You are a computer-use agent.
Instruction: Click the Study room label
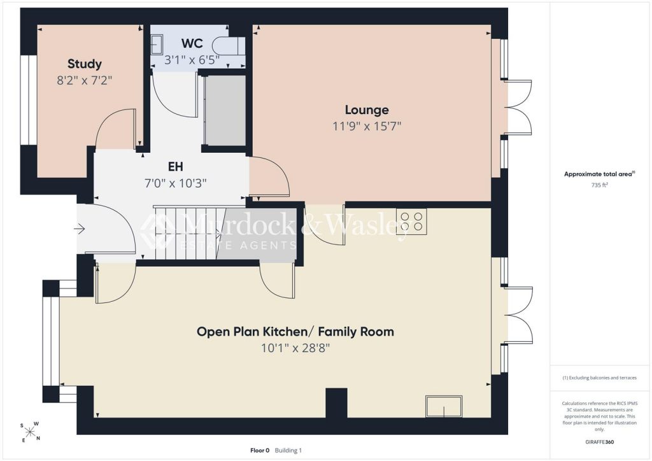pos(85,64)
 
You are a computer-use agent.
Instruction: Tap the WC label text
pos(192,43)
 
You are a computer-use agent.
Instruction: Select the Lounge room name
pos(367,110)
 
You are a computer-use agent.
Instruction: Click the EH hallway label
pos(176,167)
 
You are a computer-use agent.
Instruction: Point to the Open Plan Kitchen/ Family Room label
pos(295,332)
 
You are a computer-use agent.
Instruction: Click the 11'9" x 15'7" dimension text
pos(367,126)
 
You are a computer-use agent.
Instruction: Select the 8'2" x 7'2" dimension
pos(85,80)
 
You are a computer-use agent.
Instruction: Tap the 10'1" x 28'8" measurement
pos(295,348)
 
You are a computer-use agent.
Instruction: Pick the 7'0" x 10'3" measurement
pos(176,183)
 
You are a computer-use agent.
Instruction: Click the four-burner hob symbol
pos(411,222)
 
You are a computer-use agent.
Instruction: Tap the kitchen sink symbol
pos(444,406)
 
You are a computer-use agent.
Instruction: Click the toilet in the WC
pos(228,46)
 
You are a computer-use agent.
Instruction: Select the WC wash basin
pos(157,45)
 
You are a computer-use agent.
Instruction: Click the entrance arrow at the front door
pos(80,229)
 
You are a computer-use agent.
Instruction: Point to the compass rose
pos(30,432)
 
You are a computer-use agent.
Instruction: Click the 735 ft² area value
pos(599,185)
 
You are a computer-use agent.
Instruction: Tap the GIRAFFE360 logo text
pos(599,442)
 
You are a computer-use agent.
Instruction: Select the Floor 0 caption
pos(260,450)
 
